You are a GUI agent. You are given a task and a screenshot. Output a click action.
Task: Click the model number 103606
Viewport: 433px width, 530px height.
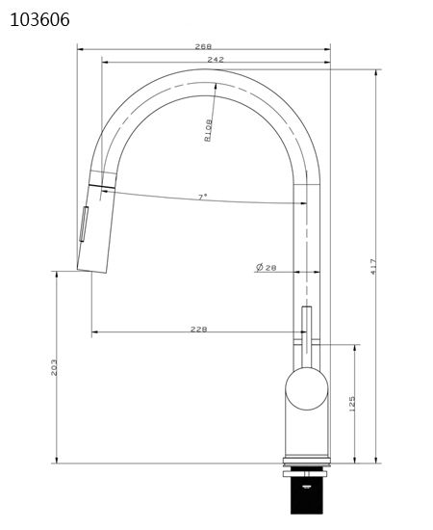click(x=39, y=19)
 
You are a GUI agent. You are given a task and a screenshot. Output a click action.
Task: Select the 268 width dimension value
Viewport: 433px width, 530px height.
click(x=203, y=45)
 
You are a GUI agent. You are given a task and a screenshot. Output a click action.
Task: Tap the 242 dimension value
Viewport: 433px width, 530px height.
click(x=216, y=60)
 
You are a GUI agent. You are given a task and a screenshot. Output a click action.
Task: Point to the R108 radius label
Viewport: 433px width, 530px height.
click(x=208, y=128)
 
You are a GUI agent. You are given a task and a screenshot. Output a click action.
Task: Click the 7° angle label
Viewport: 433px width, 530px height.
click(x=202, y=197)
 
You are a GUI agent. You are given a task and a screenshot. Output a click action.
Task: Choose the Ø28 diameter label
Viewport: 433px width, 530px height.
click(x=267, y=267)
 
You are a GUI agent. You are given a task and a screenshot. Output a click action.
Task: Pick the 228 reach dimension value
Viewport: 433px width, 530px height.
click(x=199, y=329)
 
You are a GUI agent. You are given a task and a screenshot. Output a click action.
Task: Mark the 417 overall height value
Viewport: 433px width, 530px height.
click(x=374, y=268)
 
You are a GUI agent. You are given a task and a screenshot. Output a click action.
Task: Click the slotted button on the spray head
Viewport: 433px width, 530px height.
click(x=83, y=225)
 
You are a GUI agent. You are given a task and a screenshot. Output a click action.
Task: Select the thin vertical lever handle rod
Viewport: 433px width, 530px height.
click(x=307, y=332)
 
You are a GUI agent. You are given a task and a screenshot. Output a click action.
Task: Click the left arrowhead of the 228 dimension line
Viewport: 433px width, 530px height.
click(x=94, y=333)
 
